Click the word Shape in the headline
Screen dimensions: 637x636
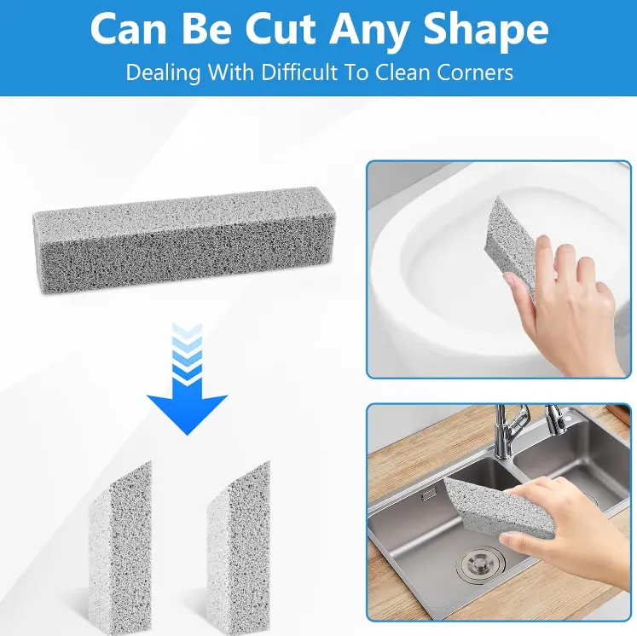[x=486, y=30]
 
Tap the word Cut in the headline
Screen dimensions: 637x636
[x=280, y=29]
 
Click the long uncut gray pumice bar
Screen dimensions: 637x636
[x=184, y=240]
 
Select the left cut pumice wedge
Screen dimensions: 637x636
[x=120, y=548]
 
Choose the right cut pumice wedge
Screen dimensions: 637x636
[x=239, y=548]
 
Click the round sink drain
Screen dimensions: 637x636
[x=480, y=564]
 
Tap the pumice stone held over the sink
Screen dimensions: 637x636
[x=500, y=507]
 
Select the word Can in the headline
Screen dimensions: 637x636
[x=129, y=29]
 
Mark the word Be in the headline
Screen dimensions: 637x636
[x=206, y=29]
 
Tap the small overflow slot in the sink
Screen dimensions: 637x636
[x=427, y=495]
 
